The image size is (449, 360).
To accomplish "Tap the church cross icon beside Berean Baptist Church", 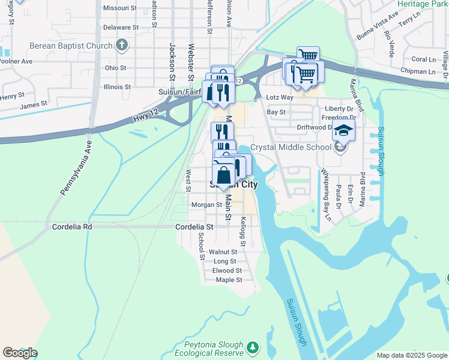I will pos(122,45).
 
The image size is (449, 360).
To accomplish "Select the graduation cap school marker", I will pos(343,130).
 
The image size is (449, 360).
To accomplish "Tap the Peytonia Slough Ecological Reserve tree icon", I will pos(253,347).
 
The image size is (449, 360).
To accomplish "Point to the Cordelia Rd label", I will pos(72,227).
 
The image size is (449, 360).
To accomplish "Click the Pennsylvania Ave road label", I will pos(75,168).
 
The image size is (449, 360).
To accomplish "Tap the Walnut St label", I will pos(223,252).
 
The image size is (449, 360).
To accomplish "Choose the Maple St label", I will pos(229,280).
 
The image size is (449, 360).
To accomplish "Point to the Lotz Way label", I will pos(280,97).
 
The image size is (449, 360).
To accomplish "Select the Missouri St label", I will pos(120,8).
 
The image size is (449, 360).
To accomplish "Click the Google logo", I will pos(20,353).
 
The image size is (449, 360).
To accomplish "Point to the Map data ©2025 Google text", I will pos(411,355).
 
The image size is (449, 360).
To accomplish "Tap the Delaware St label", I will pos(121,28).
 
